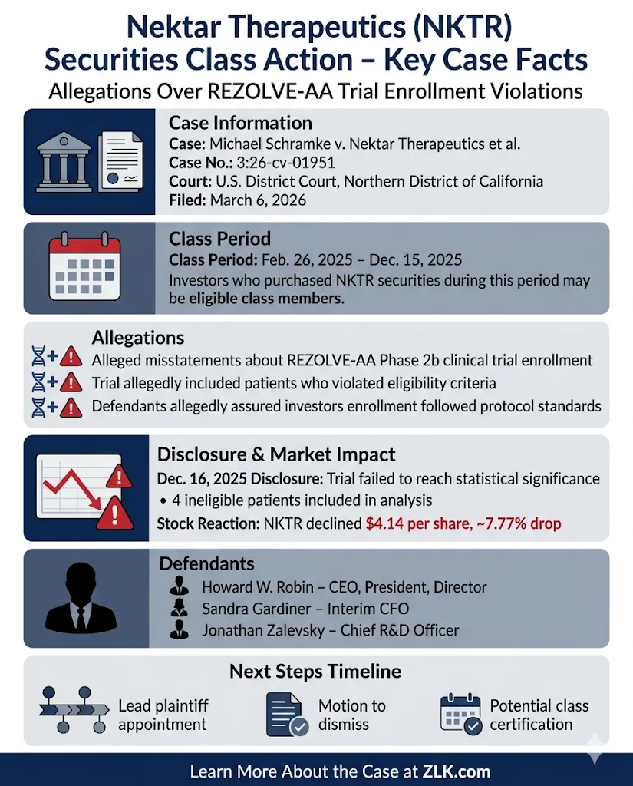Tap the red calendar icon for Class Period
pos(85,268)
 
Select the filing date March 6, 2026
pos(259,200)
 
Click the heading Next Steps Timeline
pos(315,672)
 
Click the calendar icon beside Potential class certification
pos(460,714)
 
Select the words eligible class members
pos(266,299)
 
